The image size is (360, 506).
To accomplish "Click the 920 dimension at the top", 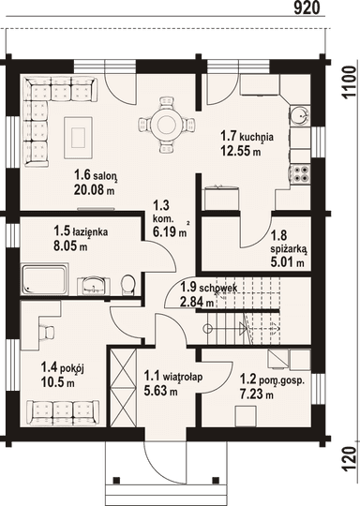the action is click(307, 7).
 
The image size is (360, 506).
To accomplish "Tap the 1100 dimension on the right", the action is click(349, 82).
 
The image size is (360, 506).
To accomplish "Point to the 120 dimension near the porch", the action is click(349, 459).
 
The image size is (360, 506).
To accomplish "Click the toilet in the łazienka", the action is click(128, 284).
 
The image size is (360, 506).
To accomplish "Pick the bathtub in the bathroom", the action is click(45, 279).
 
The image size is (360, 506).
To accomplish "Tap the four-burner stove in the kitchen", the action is click(300, 174).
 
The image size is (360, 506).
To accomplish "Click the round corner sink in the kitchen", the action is click(300, 115).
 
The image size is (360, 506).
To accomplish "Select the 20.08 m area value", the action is click(94, 189).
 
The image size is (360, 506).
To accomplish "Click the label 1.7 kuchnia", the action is click(247, 136).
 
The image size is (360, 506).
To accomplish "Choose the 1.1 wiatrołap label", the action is click(173, 376).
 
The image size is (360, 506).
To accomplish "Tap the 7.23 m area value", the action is click(256, 394).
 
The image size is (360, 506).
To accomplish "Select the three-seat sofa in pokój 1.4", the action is click(63, 413).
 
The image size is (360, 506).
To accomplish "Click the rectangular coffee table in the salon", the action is click(79, 138).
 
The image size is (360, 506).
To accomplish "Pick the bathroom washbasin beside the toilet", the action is click(94, 285).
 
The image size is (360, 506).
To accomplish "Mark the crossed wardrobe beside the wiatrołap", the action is click(123, 389).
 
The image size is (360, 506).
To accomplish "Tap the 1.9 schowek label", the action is click(209, 287).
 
